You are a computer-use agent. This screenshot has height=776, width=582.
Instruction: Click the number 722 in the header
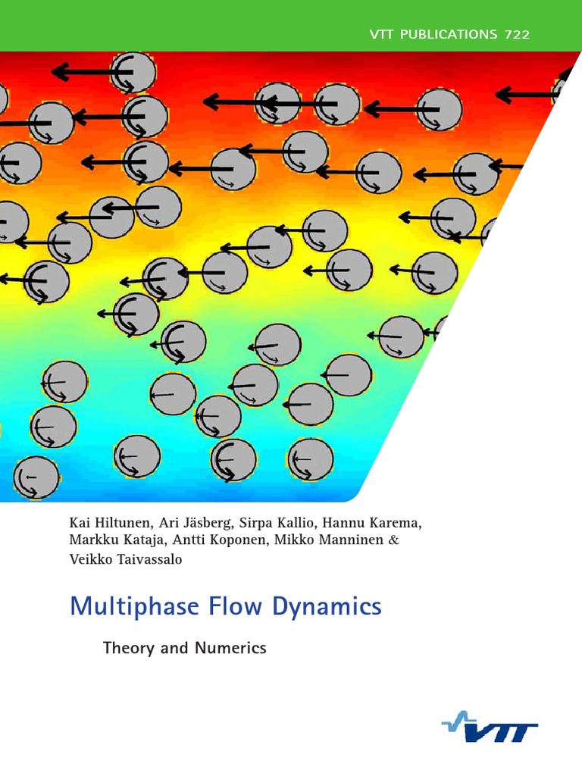click(515, 34)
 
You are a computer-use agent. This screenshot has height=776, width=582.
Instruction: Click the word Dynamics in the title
click(333, 607)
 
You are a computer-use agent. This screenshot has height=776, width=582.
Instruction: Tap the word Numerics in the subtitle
click(233, 648)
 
